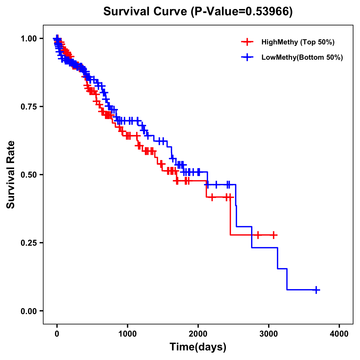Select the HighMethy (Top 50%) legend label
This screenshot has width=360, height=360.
click(298, 42)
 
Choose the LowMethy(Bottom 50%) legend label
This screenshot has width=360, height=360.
click(302, 57)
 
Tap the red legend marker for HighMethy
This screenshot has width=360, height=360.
click(247, 42)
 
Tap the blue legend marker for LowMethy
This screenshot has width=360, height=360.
click(247, 57)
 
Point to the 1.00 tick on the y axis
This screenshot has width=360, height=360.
click(28, 38)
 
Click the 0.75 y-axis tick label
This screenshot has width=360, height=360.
click(28, 106)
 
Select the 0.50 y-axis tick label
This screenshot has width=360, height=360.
click(28, 175)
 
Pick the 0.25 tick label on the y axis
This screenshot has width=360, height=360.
click(28, 243)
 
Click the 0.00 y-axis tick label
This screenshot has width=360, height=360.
click(28, 311)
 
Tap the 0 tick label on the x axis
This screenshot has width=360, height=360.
click(57, 334)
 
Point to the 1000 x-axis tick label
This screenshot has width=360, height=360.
click(127, 334)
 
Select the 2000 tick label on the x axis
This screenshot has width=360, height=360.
click(198, 334)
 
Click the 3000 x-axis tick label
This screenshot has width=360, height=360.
click(269, 334)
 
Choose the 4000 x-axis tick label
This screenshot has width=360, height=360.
click(339, 334)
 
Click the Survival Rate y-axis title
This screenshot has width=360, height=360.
click(11, 175)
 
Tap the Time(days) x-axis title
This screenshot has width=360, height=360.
click(198, 347)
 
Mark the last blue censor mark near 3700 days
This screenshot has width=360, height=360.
click(316, 290)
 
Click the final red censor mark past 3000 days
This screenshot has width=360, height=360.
click(274, 235)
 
